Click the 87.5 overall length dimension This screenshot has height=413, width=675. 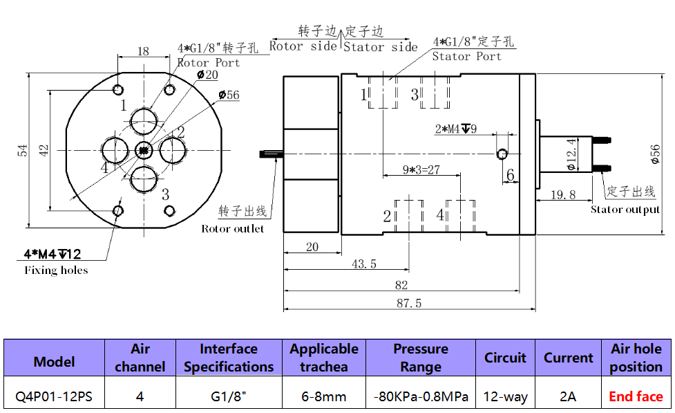[410, 303]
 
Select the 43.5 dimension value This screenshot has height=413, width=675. [364, 264]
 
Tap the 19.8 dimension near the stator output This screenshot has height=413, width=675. [563, 195]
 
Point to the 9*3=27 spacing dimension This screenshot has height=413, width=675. [421, 169]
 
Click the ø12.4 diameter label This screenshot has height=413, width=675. [571, 153]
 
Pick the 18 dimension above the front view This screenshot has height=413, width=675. [143, 51]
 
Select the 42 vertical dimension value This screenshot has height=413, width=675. [44, 150]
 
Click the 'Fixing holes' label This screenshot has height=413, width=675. [57, 270]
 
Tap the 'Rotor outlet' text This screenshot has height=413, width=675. [233, 229]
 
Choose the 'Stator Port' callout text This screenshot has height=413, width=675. [467, 57]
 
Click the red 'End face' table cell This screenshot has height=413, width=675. [636, 396]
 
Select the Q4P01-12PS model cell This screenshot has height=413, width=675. [54, 397]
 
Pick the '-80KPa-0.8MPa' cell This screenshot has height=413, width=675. [421, 397]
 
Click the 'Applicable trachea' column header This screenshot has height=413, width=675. [323, 358]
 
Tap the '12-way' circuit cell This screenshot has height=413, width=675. [505, 397]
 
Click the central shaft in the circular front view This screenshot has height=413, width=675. [144, 150]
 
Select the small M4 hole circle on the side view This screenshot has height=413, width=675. [502, 153]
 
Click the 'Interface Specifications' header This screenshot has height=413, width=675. [229, 358]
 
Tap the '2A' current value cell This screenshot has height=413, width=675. [568, 397]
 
